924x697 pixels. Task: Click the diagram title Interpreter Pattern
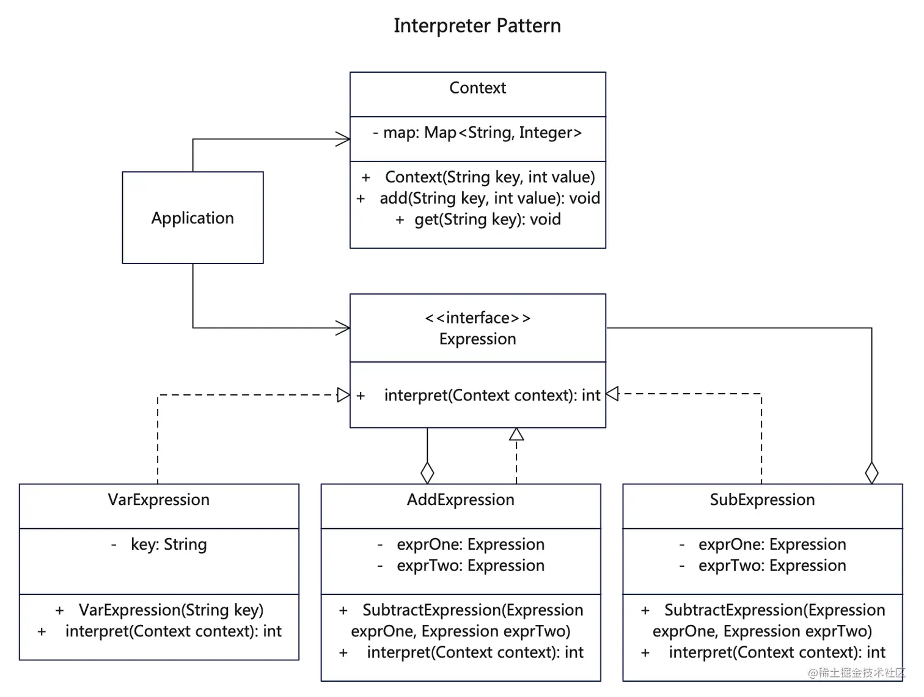tap(477, 26)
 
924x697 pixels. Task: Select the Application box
tap(193, 218)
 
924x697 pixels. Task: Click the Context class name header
tap(477, 88)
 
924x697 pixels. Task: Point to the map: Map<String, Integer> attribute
tap(477, 133)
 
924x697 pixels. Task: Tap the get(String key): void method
tap(479, 219)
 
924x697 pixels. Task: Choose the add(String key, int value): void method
tap(479, 198)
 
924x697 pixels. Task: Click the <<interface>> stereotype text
tap(477, 318)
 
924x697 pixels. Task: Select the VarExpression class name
tap(159, 500)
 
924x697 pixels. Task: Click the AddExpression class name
tap(461, 500)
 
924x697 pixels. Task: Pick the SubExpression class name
tap(762, 500)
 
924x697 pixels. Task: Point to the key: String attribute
tap(159, 544)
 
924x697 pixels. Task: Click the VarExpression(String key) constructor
tap(160, 610)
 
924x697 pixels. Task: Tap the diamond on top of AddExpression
tap(427, 473)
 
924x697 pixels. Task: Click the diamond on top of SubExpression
tap(871, 473)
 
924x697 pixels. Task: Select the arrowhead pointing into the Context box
tap(343, 139)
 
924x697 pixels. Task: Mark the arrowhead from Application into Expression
tap(343, 328)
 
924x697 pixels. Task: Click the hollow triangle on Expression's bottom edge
tap(516, 434)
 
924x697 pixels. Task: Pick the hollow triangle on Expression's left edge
tap(343, 395)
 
